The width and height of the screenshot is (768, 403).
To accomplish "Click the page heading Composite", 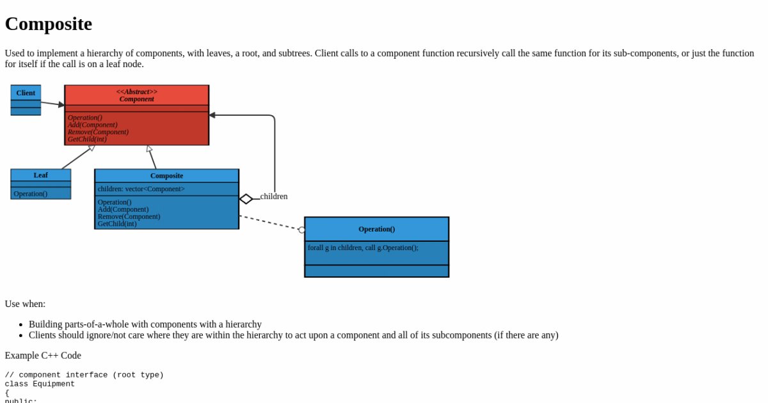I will tap(49, 24).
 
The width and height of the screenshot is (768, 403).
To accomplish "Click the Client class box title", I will tap(26, 93).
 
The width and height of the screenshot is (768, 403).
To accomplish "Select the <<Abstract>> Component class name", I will tap(137, 95).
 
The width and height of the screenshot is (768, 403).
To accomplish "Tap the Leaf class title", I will tap(40, 175).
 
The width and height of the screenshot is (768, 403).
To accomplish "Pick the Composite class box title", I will tap(166, 175).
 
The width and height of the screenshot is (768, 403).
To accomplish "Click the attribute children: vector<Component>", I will tap(141, 189).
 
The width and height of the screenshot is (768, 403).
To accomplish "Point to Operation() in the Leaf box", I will tap(30, 193).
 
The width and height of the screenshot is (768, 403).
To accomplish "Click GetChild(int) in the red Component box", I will tap(87, 139).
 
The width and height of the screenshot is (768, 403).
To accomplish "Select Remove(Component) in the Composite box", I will tap(129, 216).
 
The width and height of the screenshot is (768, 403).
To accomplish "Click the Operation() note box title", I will tap(376, 229).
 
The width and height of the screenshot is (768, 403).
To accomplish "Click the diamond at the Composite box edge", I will tap(246, 199).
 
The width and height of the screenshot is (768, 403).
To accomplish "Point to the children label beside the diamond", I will tap(274, 196).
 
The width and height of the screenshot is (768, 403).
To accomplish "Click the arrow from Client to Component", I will tap(52, 103).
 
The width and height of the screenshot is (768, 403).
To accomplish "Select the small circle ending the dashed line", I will tap(302, 230).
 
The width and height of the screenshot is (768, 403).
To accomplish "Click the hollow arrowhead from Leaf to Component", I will tap(92, 148).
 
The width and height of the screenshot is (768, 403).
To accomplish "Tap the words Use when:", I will tap(25, 304).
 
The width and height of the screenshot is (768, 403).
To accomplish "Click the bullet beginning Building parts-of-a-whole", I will tap(145, 324).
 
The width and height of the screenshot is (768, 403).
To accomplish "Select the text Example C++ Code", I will tap(43, 355).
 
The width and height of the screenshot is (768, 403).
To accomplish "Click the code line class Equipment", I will tap(40, 384).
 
